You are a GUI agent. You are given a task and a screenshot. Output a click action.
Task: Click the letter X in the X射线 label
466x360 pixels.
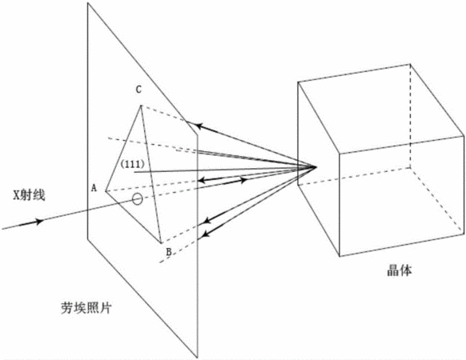pyautogui.click(x=17, y=195)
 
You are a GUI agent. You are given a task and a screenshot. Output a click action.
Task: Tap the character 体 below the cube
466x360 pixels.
pyautogui.click(x=406, y=270)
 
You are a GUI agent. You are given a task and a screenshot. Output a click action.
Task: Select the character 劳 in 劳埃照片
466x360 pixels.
pyautogui.click(x=67, y=308)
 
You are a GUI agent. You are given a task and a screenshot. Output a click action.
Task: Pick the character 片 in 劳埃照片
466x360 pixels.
pyautogui.click(x=105, y=308)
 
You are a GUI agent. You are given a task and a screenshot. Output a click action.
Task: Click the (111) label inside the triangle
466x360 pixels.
pyautogui.click(x=132, y=164)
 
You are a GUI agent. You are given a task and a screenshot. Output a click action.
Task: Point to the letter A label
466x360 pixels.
pyautogui.click(x=94, y=188)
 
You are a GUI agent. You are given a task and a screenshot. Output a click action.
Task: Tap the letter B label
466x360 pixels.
pyautogui.click(x=168, y=252)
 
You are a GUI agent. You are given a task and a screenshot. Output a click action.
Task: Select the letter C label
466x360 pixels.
pyautogui.click(x=139, y=90)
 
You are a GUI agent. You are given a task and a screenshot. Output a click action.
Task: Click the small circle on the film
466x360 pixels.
pyautogui.click(x=137, y=198)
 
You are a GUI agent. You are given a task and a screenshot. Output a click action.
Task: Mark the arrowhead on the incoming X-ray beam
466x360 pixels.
pyautogui.click(x=39, y=222)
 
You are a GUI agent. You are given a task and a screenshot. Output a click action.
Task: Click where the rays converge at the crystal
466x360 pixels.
pyautogui.click(x=316, y=167)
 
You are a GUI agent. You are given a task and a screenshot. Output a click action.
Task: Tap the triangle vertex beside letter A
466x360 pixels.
pyautogui.click(x=106, y=190)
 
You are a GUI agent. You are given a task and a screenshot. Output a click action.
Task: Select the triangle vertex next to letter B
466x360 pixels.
pyautogui.click(x=162, y=243)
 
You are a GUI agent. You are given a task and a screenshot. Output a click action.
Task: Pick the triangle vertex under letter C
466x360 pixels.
pyautogui.click(x=141, y=106)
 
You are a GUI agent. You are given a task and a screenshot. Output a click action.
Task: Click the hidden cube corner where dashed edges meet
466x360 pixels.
pyautogui.click(x=411, y=167)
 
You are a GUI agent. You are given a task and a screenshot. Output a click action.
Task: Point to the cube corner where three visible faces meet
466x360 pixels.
pyautogui.click(x=339, y=154)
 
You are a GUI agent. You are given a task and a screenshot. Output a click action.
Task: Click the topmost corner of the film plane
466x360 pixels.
pyautogui.click(x=87, y=3)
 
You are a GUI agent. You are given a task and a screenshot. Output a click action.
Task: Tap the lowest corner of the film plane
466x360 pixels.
pyautogui.click(x=197, y=357)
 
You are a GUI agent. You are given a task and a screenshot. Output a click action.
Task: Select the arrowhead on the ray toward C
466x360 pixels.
pyautogui.click(x=200, y=126)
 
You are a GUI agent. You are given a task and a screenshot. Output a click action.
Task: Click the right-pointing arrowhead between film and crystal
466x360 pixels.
pyautogui.click(x=243, y=180)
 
